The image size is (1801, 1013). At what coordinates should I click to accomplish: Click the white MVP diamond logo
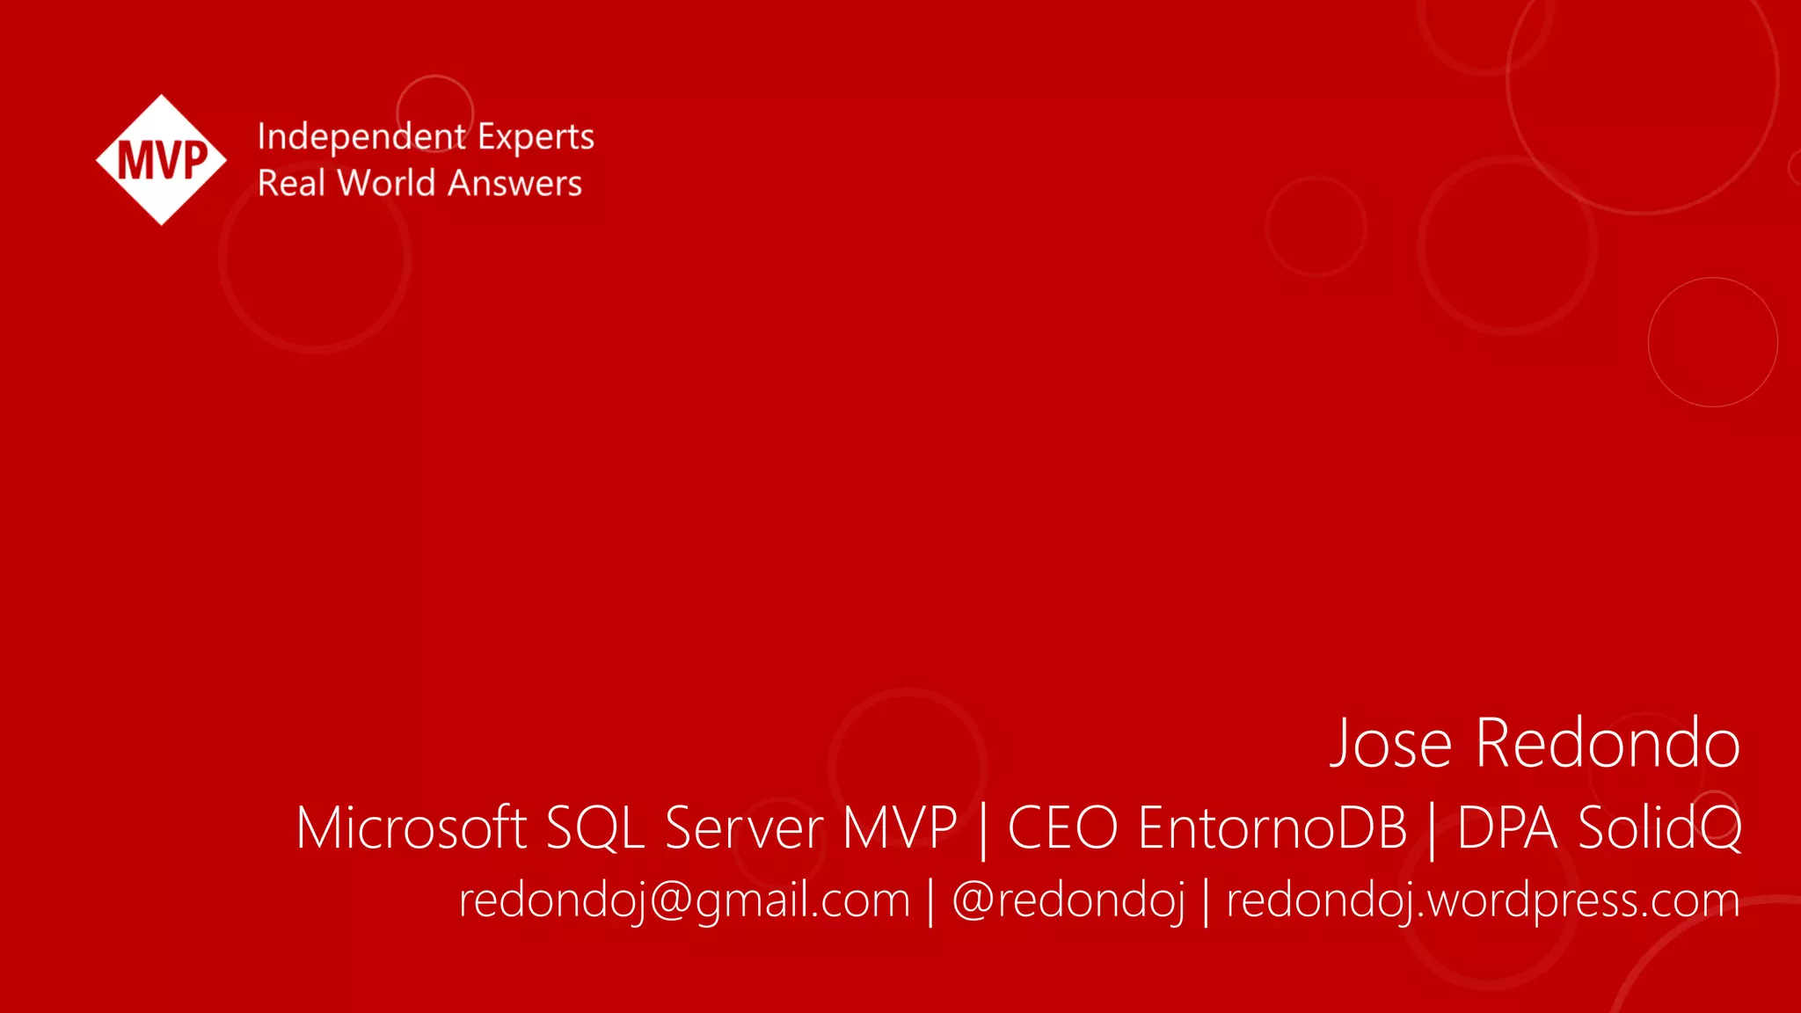tap(161, 160)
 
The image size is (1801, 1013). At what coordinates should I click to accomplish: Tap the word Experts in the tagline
tap(536, 137)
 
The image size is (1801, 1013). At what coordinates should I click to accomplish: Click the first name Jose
tap(1390, 744)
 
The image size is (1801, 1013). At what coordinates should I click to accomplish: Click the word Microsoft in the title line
tap(411, 828)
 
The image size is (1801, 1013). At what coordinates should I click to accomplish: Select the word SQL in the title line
tap(595, 828)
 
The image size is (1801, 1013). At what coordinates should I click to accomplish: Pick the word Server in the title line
tap(744, 828)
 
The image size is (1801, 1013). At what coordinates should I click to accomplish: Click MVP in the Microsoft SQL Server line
tap(899, 828)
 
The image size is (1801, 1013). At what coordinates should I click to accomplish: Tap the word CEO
tap(1062, 828)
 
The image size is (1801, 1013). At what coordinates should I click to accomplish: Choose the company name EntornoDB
tap(1272, 828)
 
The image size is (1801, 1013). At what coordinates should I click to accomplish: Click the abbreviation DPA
tap(1507, 828)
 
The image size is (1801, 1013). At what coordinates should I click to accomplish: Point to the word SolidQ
tap(1659, 828)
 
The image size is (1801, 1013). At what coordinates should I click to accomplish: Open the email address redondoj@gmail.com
tap(684, 900)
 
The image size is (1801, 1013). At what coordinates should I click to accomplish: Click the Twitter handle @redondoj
tap(1068, 900)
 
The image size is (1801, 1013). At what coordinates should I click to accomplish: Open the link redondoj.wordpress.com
tap(1483, 900)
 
